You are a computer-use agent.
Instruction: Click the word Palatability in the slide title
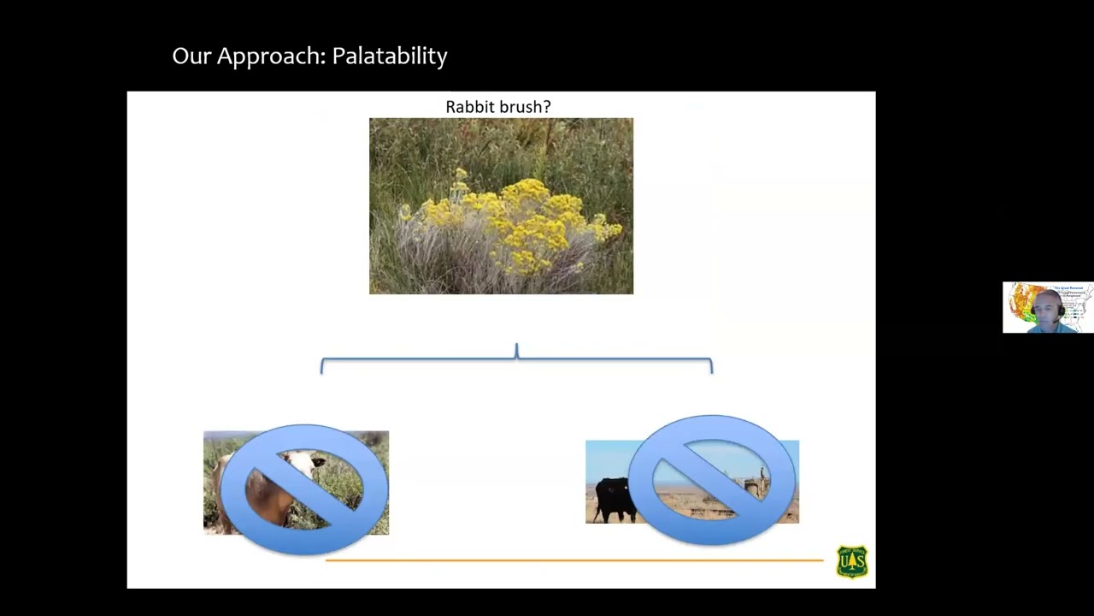(x=389, y=56)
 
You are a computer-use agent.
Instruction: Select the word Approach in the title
(x=272, y=56)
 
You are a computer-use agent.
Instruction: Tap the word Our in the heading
(x=191, y=56)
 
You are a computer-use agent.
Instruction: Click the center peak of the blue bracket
(x=516, y=350)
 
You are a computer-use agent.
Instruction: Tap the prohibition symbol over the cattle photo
(x=713, y=479)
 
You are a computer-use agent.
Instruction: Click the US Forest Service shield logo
(x=851, y=562)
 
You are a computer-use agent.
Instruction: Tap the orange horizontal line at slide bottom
(x=573, y=560)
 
